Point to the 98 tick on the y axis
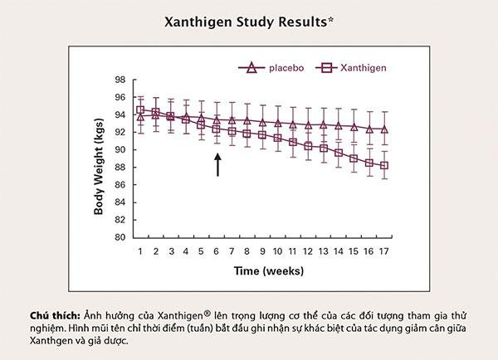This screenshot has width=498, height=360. click(119, 80)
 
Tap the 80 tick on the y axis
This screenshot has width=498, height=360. click(119, 237)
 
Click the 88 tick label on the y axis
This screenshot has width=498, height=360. click(119, 168)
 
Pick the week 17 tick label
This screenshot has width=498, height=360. click(384, 251)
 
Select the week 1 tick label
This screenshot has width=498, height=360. click(140, 251)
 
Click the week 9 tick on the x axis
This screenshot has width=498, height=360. click(262, 251)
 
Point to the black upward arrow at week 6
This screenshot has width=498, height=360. click(217, 163)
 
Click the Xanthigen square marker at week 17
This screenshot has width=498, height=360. click(384, 166)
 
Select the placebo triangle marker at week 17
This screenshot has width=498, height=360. click(384, 129)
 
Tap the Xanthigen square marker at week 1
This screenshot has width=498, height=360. click(140, 109)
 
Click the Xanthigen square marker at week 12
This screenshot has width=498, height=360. click(308, 146)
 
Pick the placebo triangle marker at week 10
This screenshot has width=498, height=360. click(277, 124)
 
